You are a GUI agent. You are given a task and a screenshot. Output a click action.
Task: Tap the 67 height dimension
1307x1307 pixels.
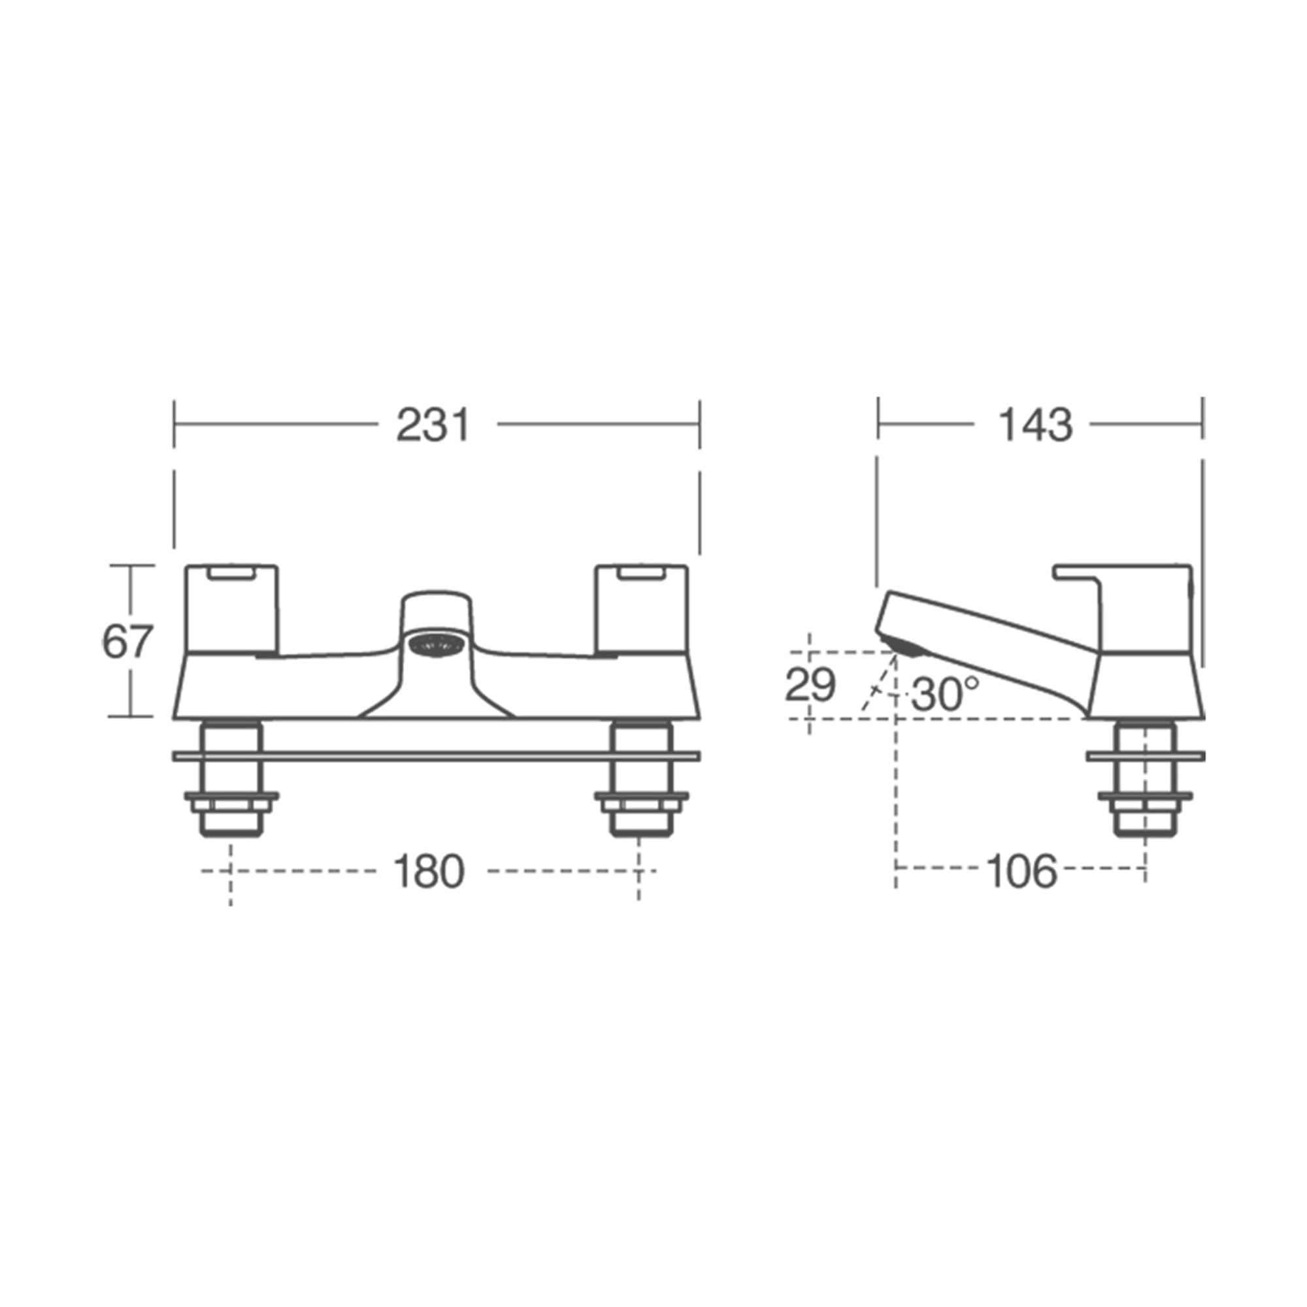coord(127,641)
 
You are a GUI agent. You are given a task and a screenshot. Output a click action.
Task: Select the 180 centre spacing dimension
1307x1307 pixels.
coord(429,872)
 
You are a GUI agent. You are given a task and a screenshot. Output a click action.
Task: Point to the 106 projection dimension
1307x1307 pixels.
coord(1021,872)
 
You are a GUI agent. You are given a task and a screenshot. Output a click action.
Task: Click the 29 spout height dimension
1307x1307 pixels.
coord(810,686)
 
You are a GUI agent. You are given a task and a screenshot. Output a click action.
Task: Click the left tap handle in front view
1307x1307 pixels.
coord(231,609)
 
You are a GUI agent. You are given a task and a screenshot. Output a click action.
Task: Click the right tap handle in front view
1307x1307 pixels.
coord(641,609)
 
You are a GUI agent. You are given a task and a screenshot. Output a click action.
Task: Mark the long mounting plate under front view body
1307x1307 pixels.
coord(437,756)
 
